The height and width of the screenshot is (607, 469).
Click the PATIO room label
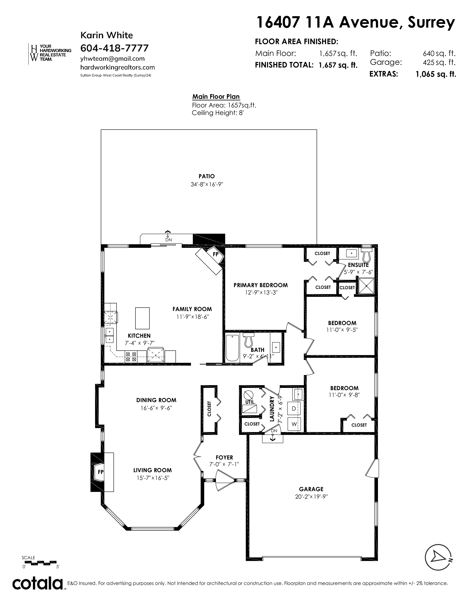click(x=207, y=176)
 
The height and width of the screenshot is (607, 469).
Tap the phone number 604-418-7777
click(x=114, y=48)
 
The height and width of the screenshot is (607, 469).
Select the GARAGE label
click(x=311, y=489)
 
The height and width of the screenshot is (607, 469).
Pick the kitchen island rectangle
click(x=142, y=318)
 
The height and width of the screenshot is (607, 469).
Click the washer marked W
click(x=294, y=424)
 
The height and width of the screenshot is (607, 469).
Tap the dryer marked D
click(x=294, y=409)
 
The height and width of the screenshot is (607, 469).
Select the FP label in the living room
click(x=101, y=472)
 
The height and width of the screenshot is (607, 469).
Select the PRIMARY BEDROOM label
click(x=261, y=285)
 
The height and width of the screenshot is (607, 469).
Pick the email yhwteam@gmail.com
click(x=113, y=59)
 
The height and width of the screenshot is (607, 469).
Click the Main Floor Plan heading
click(x=216, y=97)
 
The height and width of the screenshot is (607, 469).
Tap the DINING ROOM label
click(x=156, y=400)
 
